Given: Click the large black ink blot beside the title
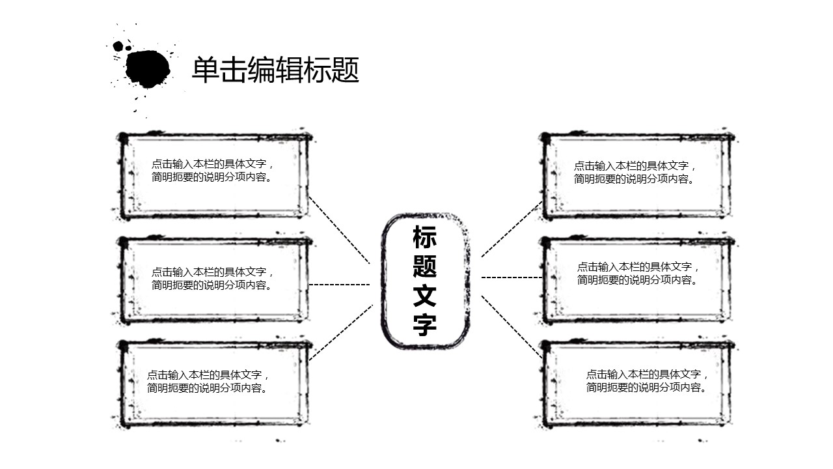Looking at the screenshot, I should click(148, 68).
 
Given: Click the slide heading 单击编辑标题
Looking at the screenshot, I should click(275, 70).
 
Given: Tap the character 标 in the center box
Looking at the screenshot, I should click(424, 238).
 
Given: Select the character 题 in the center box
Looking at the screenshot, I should click(424, 266).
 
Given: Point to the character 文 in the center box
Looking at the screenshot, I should click(424, 295).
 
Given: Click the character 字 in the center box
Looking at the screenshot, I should click(424, 324).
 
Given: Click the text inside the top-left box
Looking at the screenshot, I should click(213, 171).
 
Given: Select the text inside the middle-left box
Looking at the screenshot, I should click(213, 279).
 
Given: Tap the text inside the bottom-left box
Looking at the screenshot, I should click(208, 381).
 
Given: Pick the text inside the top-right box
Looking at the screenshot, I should click(635, 173).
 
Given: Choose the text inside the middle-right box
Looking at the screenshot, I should click(638, 274).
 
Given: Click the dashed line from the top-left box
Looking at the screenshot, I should click(339, 229).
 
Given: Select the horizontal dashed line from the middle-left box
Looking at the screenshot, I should click(339, 285).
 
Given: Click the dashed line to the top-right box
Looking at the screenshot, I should click(512, 229).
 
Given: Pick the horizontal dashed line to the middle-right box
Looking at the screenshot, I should click(512, 277).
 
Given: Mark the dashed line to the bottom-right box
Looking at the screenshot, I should click(512, 326).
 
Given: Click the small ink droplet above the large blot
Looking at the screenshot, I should click(118, 46).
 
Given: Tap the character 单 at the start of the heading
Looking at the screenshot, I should click(204, 70).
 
